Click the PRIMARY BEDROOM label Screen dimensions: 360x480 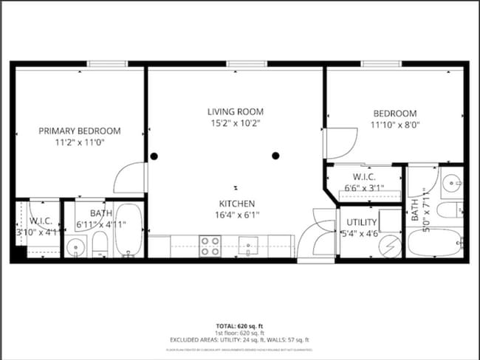79,131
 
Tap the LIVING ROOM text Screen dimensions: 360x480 234,111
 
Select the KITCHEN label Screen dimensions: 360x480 236,204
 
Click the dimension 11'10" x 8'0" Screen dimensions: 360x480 394,125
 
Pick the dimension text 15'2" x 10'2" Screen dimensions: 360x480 234,123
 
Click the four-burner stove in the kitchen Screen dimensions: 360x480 210,245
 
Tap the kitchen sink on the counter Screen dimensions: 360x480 251,244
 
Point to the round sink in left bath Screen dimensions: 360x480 75,247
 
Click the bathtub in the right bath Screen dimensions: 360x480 434,241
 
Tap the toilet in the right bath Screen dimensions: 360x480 449,210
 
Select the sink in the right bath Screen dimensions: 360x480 451,181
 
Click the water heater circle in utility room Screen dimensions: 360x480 389,245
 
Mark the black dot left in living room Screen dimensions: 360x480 154,156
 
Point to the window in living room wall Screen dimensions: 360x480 236,64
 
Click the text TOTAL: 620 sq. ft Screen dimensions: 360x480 239,325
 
